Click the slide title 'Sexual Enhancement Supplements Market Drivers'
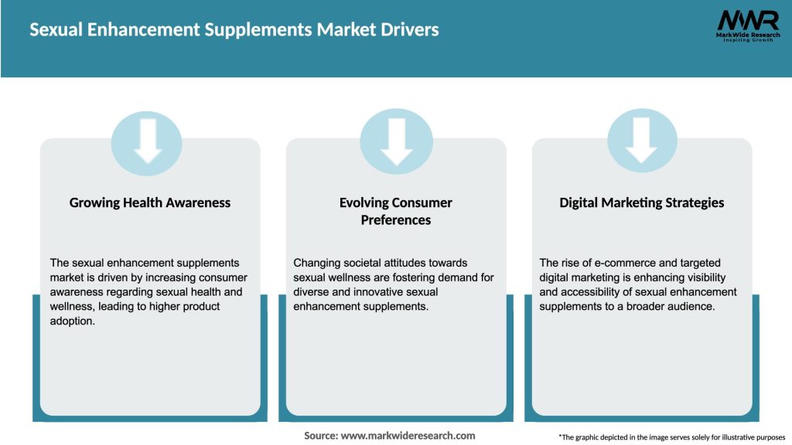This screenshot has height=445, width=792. coord(234,30)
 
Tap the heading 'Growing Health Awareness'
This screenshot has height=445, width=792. coord(150,202)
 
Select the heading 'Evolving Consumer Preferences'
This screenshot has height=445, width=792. coord(396,211)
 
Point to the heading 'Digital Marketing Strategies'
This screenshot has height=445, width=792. coord(642,202)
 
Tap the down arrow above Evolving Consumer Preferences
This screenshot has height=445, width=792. coord(396,141)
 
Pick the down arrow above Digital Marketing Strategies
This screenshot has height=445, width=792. coord(642,141)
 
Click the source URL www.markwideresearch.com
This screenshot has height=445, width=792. coord(408,436)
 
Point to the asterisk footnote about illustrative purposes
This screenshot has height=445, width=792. coord(671,437)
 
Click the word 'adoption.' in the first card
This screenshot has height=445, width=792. coord(73,321)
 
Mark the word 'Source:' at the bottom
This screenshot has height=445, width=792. coord(321,436)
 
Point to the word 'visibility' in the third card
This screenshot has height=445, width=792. coord(702,277)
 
